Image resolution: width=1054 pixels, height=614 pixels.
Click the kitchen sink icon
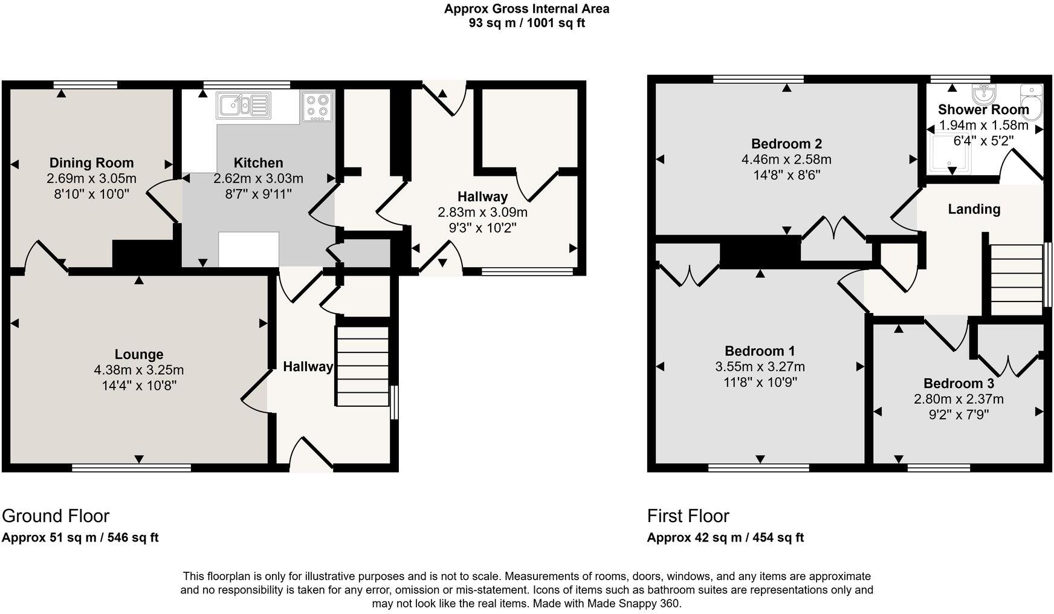244,105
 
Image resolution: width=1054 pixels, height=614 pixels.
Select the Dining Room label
91,163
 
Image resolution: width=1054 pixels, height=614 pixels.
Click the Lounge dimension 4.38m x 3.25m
139,370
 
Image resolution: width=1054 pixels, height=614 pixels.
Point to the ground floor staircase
363,366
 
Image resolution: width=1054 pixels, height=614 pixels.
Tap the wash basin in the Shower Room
983,94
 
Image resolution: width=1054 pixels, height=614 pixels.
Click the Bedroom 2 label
786,144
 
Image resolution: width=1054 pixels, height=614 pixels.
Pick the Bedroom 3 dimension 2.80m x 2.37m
959,399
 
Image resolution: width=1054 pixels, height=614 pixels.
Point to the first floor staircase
1017,279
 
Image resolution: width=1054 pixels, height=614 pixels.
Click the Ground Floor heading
56,515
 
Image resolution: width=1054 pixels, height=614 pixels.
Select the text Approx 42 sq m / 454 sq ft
725,537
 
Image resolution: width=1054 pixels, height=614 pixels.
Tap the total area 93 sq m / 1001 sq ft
526,23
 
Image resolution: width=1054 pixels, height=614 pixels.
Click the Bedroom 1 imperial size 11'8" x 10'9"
760,382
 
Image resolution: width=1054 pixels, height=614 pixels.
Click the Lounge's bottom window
131,467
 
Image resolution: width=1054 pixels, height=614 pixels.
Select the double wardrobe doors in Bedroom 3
1008,363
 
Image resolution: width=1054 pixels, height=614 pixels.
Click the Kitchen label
258,163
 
